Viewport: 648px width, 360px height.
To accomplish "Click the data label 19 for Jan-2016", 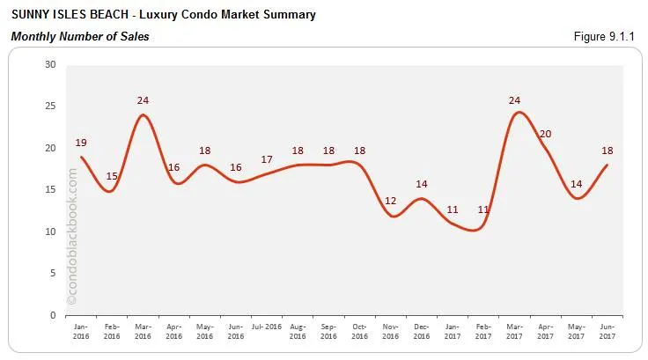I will click(x=81, y=143).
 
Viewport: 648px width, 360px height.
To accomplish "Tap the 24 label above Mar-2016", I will click(x=144, y=100).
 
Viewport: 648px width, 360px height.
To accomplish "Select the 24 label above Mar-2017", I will click(x=515, y=99).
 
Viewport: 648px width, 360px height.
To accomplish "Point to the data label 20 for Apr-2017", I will click(x=545, y=134).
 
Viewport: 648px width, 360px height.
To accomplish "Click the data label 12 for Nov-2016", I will click(x=391, y=201).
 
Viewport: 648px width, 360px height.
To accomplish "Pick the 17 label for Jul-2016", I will click(x=267, y=159).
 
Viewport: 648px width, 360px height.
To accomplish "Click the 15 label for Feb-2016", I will click(x=113, y=176).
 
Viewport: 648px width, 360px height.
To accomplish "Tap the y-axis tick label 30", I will click(x=50, y=64).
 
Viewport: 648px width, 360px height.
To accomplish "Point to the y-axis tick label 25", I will click(x=50, y=107).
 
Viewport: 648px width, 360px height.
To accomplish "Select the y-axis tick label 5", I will click(x=53, y=273).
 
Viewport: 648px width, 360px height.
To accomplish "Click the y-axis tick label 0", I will click(x=53, y=315).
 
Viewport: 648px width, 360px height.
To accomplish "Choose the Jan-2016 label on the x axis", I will click(x=82, y=331).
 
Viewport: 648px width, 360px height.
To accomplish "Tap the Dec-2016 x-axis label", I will click(x=422, y=331).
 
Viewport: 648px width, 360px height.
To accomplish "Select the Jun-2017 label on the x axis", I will click(x=607, y=331).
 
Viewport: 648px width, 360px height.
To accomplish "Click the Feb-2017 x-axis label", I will click(x=483, y=331).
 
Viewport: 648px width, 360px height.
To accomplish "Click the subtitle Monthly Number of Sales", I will click(x=79, y=36).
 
